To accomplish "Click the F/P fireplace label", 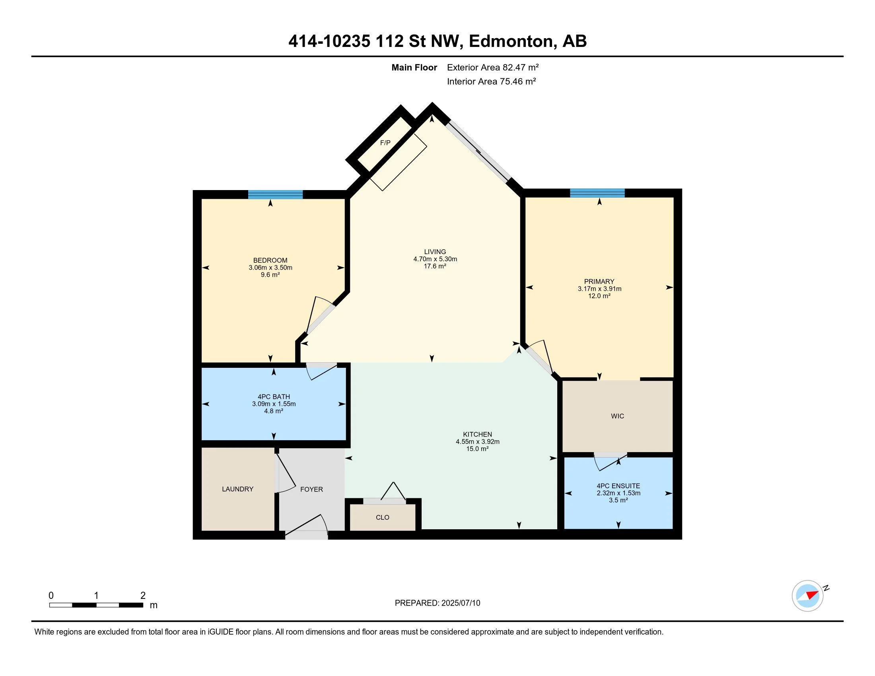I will click(385, 143).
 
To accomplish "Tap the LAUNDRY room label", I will click(237, 489).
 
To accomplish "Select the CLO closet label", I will click(382, 517).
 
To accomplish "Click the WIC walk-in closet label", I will click(617, 416).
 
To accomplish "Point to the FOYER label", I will click(311, 490).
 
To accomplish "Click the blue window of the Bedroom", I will click(275, 194).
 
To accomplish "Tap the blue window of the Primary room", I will click(597, 193).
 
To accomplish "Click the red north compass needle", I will click(812, 594).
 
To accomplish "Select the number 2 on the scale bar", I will click(143, 596).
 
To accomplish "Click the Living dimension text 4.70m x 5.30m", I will click(435, 259).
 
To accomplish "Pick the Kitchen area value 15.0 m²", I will click(477, 449).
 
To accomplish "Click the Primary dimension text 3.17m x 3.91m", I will click(599, 289).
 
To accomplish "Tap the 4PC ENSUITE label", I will click(618, 486).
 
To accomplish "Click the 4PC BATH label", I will click(274, 396).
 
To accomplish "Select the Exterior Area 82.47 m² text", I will click(492, 67).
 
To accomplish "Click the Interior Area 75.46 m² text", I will click(491, 82).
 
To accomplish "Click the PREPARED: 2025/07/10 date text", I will click(437, 603).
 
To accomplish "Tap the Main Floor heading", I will click(414, 68).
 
